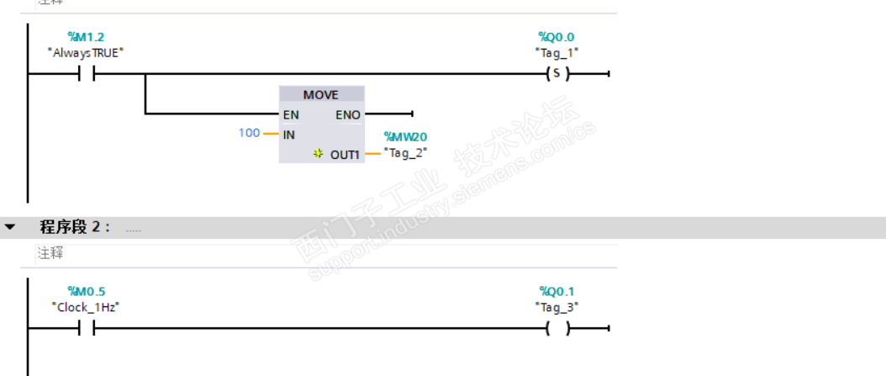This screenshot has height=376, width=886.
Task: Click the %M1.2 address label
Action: click(x=86, y=37)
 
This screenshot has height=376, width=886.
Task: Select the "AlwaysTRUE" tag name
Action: click(x=86, y=52)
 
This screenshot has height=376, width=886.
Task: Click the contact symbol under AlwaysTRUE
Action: click(x=86, y=74)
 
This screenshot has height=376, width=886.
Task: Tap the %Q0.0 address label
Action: click(x=556, y=37)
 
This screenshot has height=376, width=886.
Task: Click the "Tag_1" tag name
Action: click(x=556, y=52)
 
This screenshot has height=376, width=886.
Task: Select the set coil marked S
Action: click(x=556, y=74)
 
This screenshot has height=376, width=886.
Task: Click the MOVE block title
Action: click(x=321, y=94)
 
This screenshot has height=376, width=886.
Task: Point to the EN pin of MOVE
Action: click(x=291, y=114)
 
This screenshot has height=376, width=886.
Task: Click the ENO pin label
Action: click(x=348, y=114)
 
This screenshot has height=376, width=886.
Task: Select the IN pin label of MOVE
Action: click(x=289, y=134)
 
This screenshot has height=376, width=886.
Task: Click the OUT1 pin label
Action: click(x=345, y=155)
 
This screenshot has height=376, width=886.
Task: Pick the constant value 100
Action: click(x=249, y=133)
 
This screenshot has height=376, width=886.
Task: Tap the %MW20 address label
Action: click(x=407, y=136)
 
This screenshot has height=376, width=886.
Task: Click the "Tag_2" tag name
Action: click(x=407, y=152)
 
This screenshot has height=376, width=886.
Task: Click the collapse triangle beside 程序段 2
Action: click(x=10, y=227)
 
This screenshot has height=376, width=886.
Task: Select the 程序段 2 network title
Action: click(x=75, y=227)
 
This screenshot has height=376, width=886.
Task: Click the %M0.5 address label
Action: click(x=86, y=292)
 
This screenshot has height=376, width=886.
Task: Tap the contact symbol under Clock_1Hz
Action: click(x=86, y=329)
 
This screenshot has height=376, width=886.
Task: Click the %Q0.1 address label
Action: click(x=556, y=292)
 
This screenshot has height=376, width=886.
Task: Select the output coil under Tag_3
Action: click(x=556, y=329)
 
